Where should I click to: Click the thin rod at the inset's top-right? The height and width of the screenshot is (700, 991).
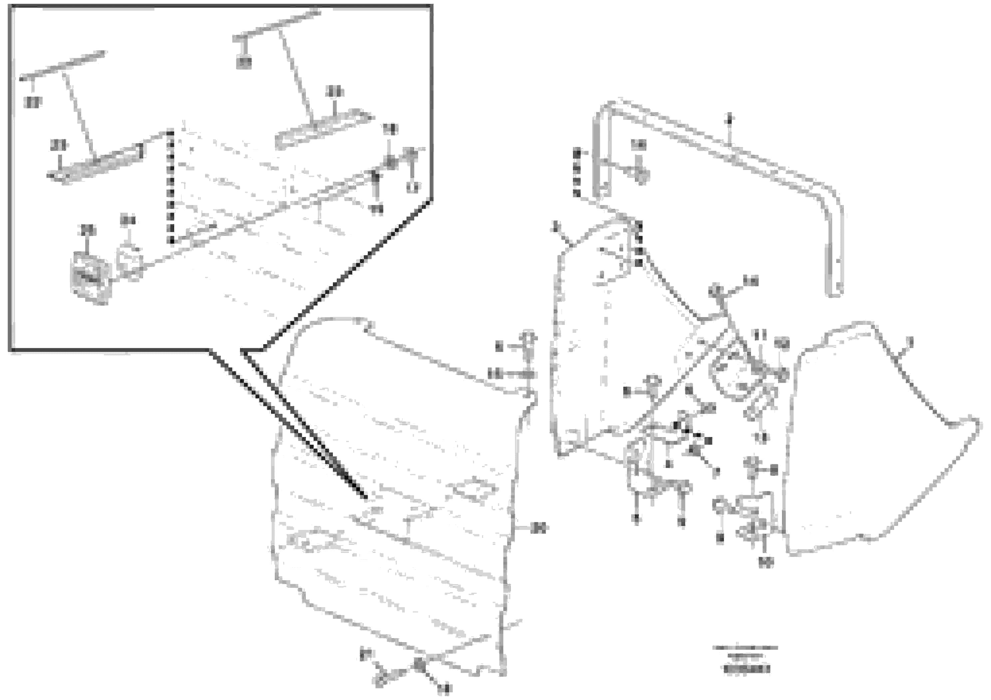tap(276, 25)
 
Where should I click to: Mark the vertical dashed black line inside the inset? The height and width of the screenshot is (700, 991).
tap(171, 186)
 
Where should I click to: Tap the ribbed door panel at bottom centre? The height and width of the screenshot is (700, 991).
tap(393, 496)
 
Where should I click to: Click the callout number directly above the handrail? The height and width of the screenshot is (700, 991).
tap(729, 118)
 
